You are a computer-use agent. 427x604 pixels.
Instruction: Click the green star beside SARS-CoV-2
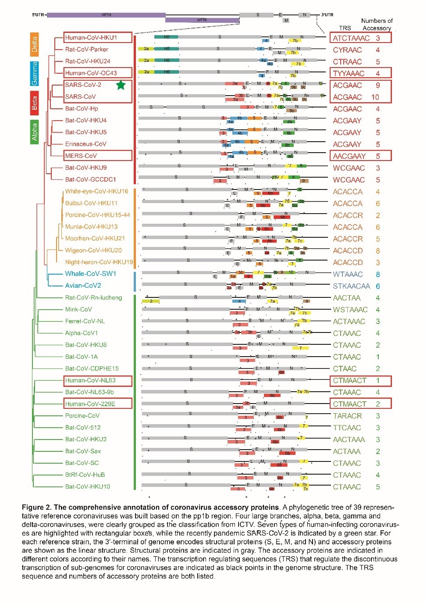tap(121, 85)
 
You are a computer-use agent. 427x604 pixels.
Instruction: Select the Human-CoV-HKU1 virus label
tap(91, 38)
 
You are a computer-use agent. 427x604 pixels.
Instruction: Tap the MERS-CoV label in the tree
tap(81, 156)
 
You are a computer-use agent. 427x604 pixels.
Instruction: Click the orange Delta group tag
tap(34, 44)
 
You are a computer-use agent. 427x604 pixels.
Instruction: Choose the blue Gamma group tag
tap(34, 73)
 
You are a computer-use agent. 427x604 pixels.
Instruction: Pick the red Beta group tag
tap(34, 103)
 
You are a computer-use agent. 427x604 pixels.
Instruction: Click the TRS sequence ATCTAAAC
tap(351, 38)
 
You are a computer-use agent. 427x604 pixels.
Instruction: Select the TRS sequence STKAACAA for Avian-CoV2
tap(351, 286)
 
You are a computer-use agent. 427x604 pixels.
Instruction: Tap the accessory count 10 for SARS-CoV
tap(375, 97)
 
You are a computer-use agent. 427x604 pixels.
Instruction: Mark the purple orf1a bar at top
tap(106, 15)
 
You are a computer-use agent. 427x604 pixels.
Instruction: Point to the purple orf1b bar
tap(202, 20)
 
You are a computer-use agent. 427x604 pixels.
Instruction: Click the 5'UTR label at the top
tap(38, 15)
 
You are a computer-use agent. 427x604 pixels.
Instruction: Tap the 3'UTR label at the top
tap(327, 15)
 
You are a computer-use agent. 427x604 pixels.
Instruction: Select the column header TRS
tap(345, 28)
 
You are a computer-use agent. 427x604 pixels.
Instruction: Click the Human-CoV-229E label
tap(90, 404)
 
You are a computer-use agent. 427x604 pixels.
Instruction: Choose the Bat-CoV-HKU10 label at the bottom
tap(88, 486)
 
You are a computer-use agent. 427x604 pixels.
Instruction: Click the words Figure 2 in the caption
tap(36, 508)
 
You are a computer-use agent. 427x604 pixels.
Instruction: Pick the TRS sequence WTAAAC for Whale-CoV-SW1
tap(348, 274)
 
